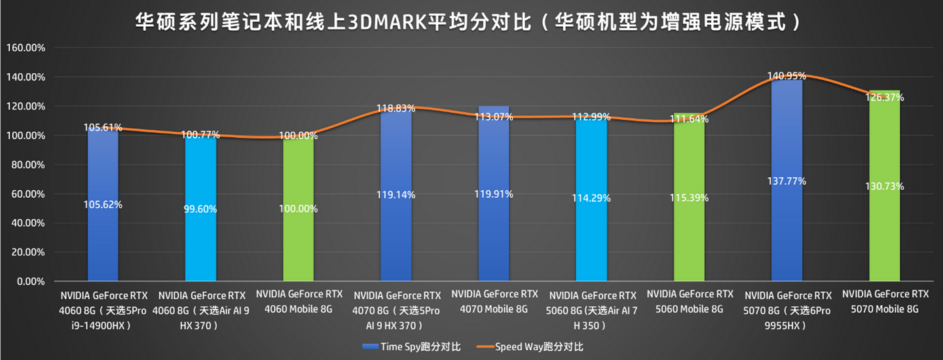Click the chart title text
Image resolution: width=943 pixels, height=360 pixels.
click(x=468, y=22)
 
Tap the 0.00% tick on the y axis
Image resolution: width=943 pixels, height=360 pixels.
click(x=29, y=281)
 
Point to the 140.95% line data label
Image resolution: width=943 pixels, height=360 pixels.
click(x=786, y=76)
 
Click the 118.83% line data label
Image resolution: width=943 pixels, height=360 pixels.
click(x=396, y=108)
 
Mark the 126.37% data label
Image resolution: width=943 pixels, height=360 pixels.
click(x=885, y=98)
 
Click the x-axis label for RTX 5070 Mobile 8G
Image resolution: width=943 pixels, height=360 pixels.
click(x=885, y=302)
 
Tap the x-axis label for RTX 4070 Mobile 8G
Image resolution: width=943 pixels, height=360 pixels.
click(x=494, y=302)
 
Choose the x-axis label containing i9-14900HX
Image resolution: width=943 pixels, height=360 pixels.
click(x=103, y=309)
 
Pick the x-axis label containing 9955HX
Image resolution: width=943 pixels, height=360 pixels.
click(x=787, y=309)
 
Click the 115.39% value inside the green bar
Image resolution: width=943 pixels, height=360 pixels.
click(x=690, y=197)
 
